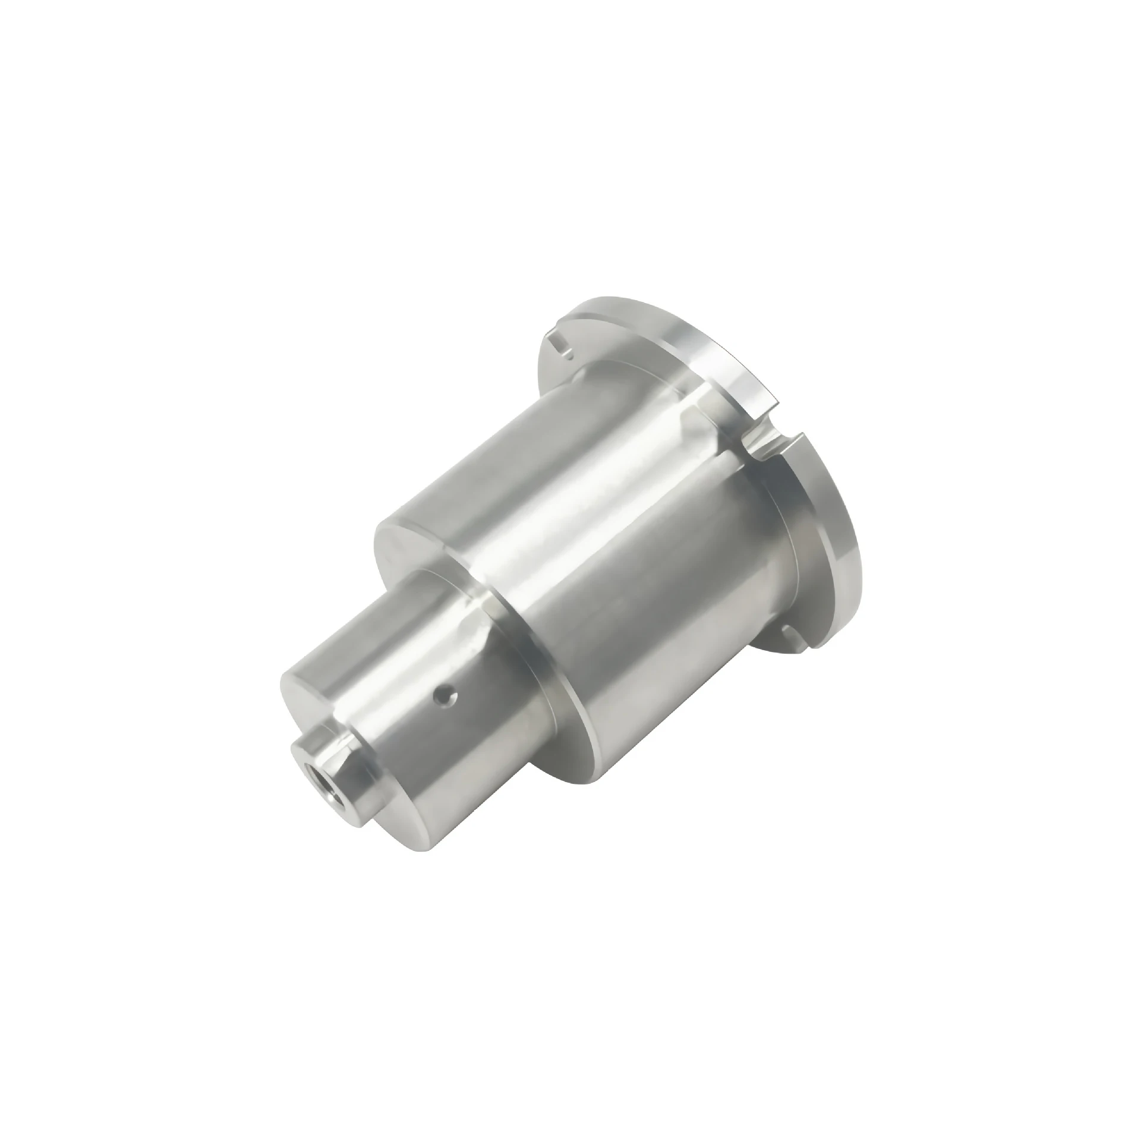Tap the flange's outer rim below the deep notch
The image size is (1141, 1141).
(832, 523)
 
